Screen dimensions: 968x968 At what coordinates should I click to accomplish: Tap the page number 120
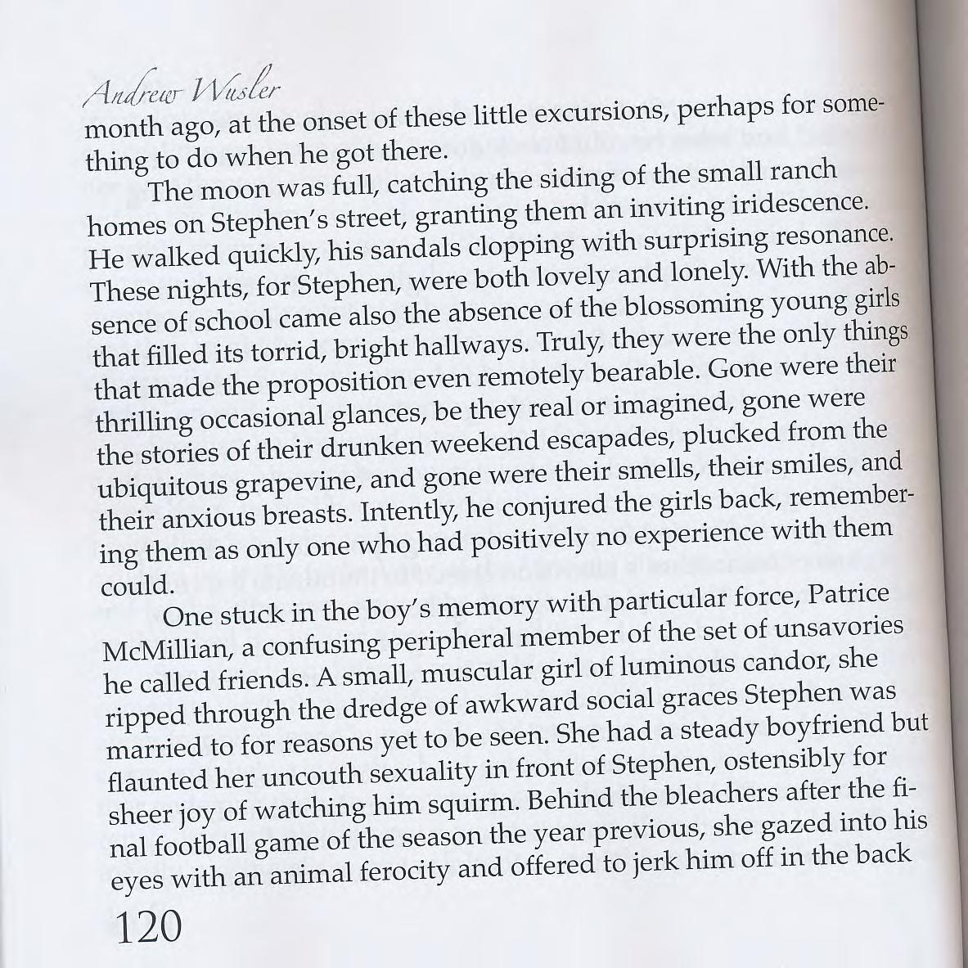click(x=147, y=927)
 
